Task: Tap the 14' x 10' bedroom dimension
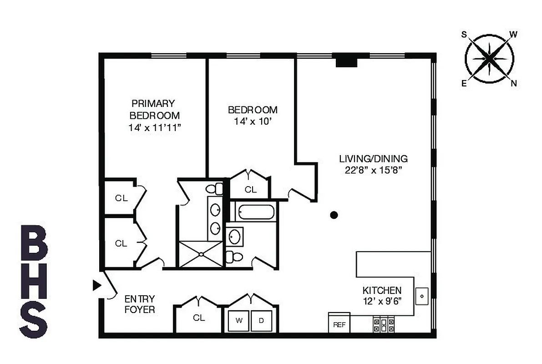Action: [x=252, y=122]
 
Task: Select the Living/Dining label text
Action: [x=373, y=159]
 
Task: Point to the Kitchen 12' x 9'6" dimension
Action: [x=382, y=301]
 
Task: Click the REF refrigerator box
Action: [x=339, y=324]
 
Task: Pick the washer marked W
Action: [x=238, y=320]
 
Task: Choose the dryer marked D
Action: [x=261, y=320]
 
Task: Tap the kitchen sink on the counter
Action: [x=422, y=296]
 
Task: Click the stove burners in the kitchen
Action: [x=384, y=324]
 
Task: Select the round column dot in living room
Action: [x=334, y=215]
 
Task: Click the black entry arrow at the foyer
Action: [x=96, y=285]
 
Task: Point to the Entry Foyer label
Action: [x=140, y=304]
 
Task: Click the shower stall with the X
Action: [x=201, y=254]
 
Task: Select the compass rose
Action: [x=489, y=59]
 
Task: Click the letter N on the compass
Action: [x=514, y=83]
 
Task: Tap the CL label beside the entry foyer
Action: [x=199, y=318]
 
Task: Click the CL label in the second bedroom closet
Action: [x=251, y=190]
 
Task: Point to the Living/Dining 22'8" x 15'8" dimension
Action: [x=373, y=171]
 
